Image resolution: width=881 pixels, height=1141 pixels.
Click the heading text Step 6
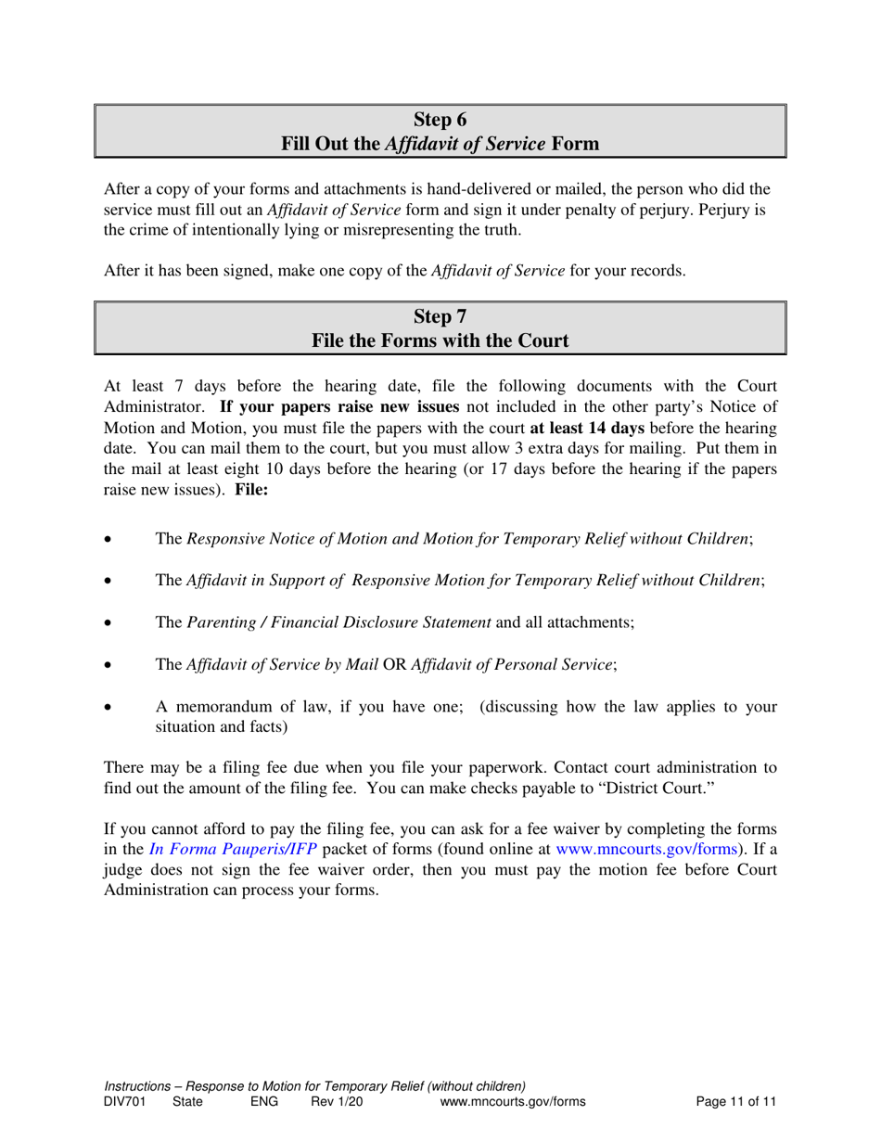coord(440,120)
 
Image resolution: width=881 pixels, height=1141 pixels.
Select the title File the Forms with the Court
coord(440,340)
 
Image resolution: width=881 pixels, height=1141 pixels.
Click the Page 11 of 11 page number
coord(735,1102)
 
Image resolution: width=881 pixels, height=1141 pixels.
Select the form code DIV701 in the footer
coord(124,1102)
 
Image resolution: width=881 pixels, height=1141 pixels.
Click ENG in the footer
coord(264,1102)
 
